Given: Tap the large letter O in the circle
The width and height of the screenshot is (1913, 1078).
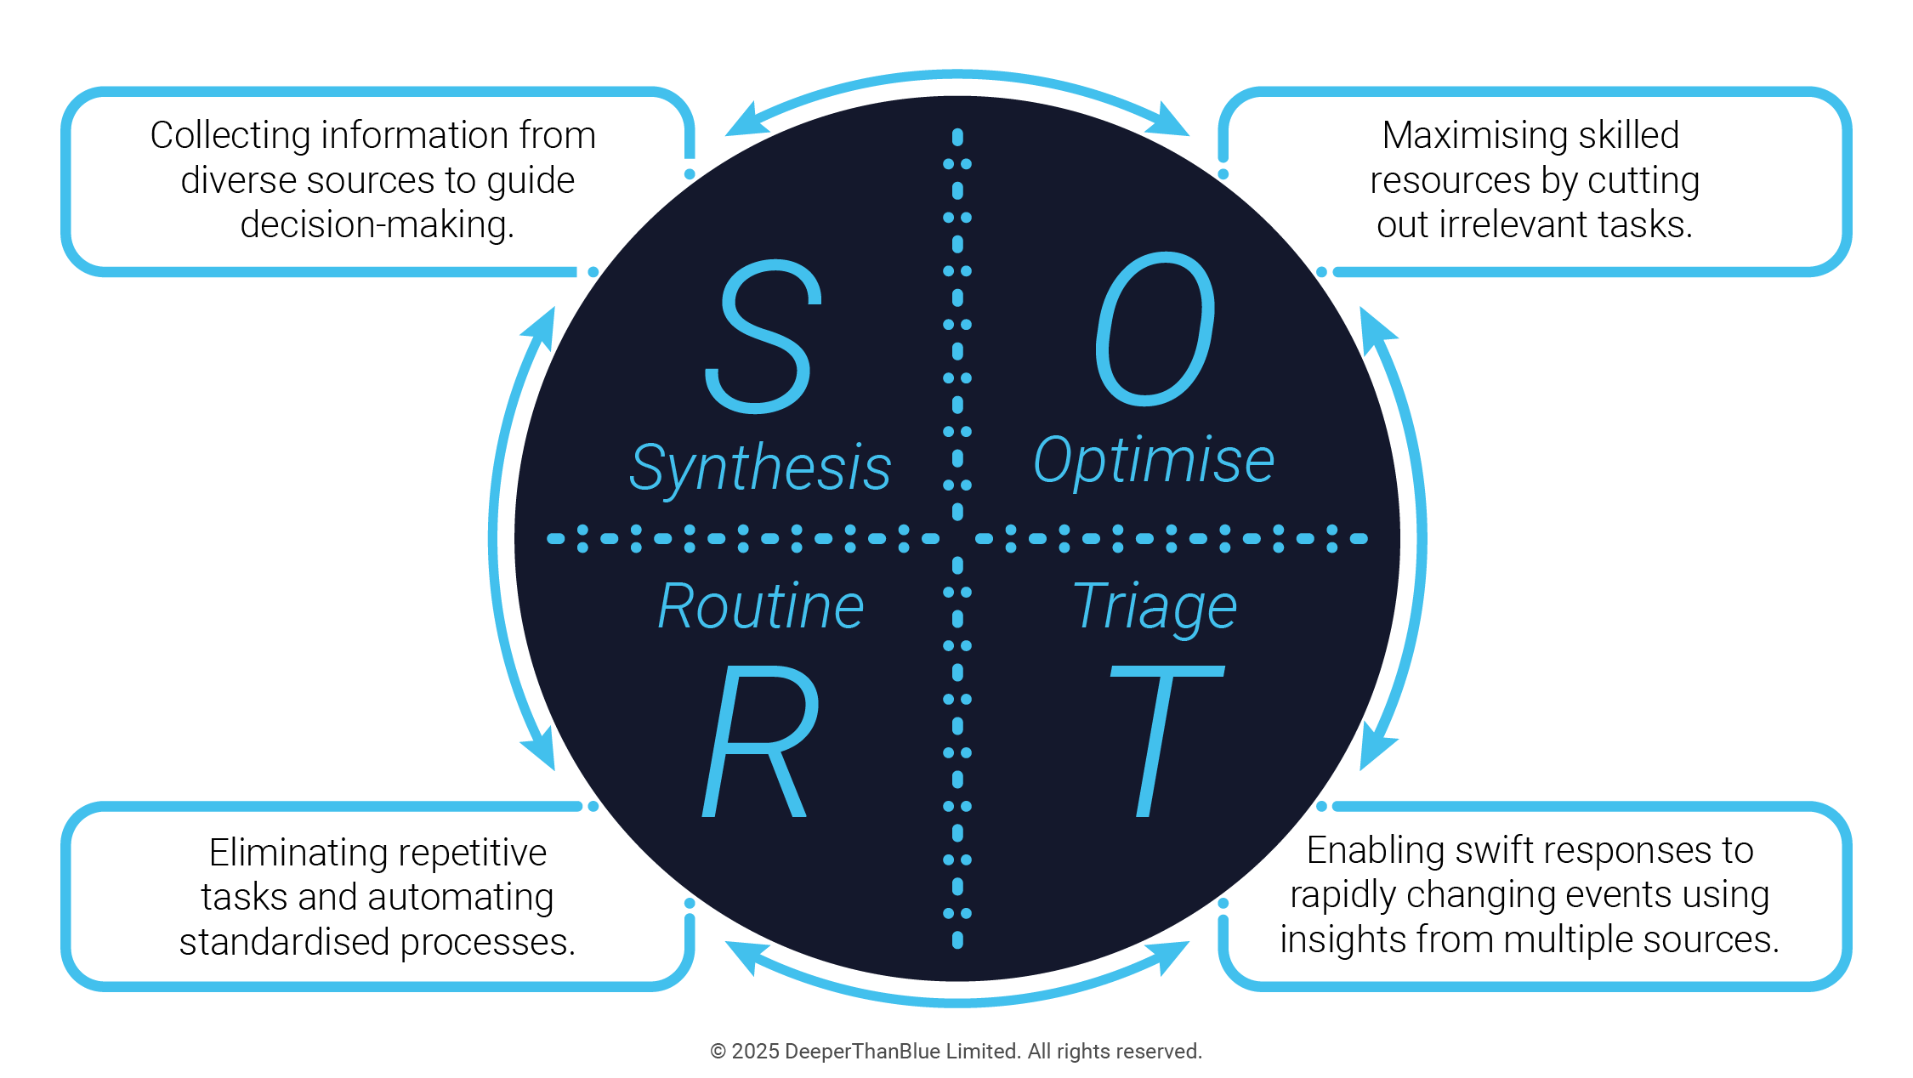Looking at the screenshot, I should pyautogui.click(x=1155, y=329).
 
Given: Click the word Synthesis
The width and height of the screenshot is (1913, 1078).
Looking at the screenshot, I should pyautogui.click(x=760, y=468).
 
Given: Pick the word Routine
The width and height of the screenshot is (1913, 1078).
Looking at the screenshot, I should pyautogui.click(x=761, y=607).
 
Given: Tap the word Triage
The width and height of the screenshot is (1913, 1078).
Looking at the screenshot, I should pyautogui.click(x=1155, y=607).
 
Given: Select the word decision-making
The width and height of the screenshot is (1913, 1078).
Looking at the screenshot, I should pyautogui.click(x=377, y=225).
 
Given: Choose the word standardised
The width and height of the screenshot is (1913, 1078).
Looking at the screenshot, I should pyautogui.click(x=284, y=942).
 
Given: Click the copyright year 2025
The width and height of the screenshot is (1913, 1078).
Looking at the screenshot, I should pyautogui.click(x=755, y=1052).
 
